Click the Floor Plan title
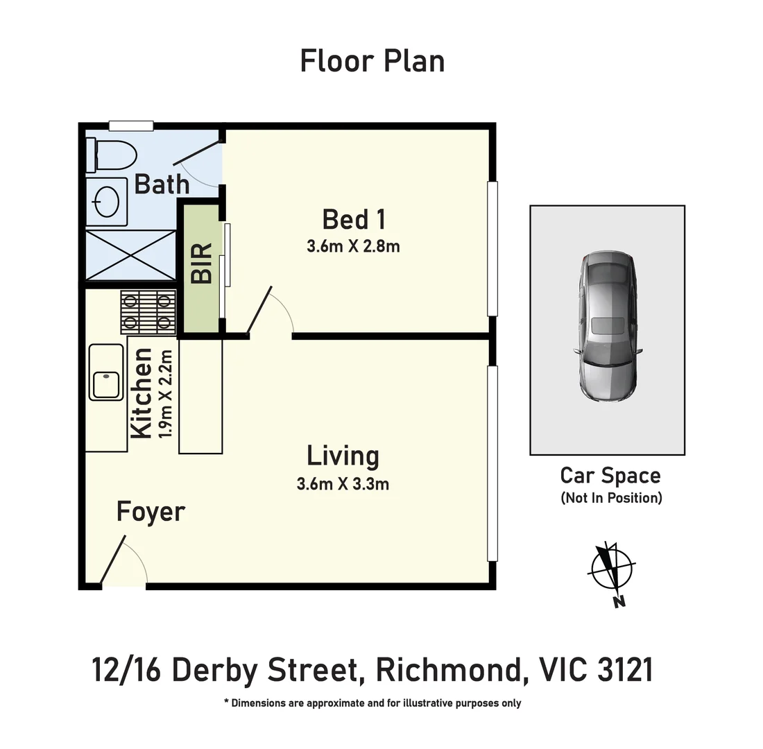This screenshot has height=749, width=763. (x=372, y=61)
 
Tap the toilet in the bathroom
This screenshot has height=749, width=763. (x=111, y=155)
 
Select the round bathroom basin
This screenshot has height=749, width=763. (x=107, y=202)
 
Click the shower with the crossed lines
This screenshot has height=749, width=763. (x=130, y=255)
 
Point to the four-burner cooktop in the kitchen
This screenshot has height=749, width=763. (x=147, y=311)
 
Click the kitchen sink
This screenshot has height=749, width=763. (x=105, y=381)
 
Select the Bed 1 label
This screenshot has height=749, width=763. (x=354, y=220)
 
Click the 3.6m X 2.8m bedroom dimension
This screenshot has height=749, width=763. (x=353, y=246)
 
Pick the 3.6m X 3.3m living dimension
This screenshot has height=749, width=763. (x=343, y=484)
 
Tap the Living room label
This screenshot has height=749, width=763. (x=343, y=456)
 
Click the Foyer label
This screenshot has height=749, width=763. (x=151, y=512)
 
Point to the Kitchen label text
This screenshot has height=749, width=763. (x=142, y=393)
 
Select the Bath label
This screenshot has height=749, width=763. (x=162, y=184)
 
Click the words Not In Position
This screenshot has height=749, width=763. (x=610, y=498)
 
